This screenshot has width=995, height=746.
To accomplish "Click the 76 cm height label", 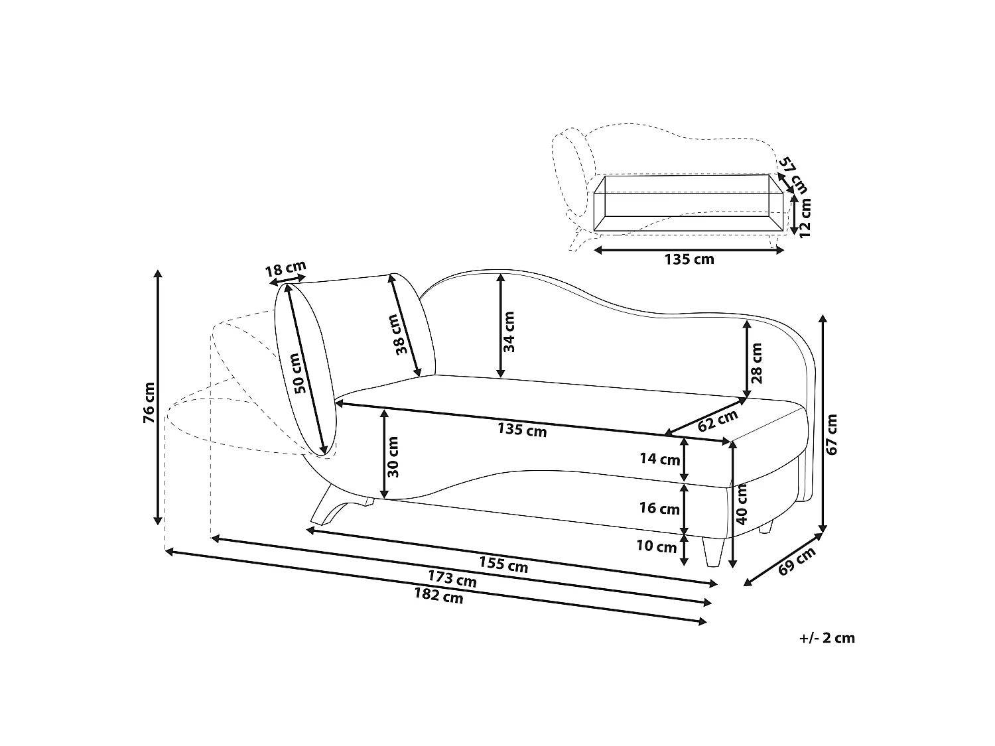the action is click(x=149, y=403).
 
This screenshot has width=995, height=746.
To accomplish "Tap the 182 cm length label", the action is click(x=438, y=595).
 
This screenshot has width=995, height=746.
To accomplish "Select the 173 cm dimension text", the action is click(x=452, y=578).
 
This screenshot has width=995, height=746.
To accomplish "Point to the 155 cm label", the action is click(x=503, y=564).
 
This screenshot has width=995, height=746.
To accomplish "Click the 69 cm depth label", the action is click(x=797, y=561).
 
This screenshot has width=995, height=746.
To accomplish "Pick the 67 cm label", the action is click(x=832, y=434).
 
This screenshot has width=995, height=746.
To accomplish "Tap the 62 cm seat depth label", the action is click(x=717, y=421).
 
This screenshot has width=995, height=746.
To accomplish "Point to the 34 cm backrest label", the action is click(x=509, y=332).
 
